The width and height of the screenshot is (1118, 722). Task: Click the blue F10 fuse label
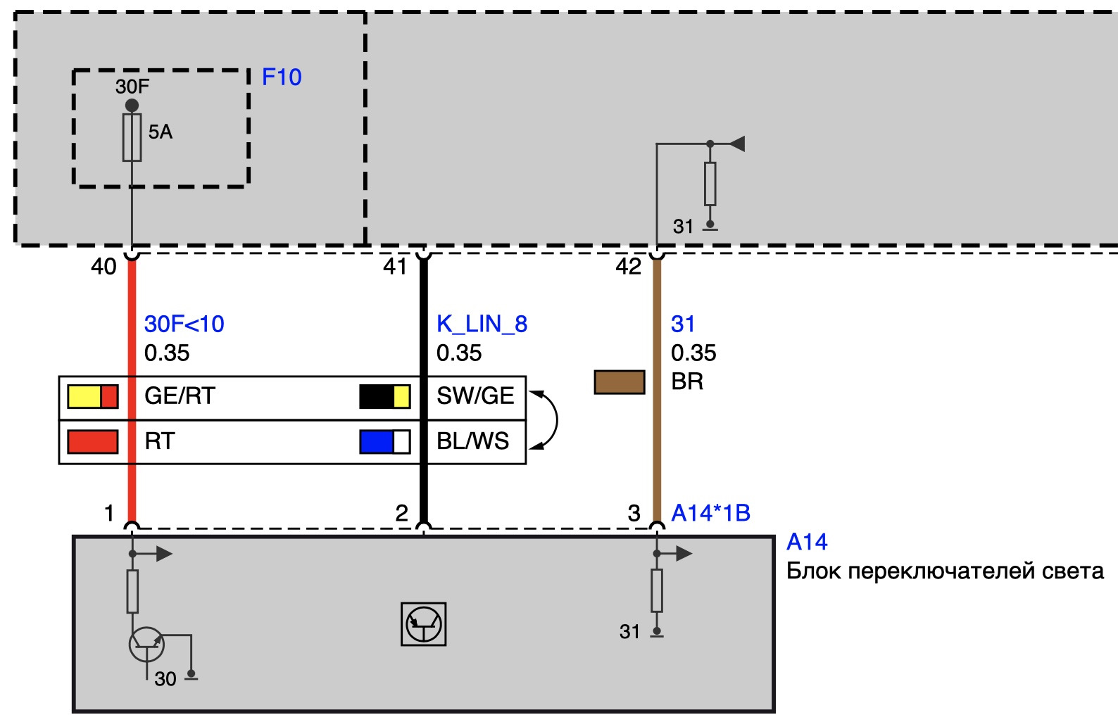(x=282, y=77)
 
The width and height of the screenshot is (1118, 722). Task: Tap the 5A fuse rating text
(x=161, y=132)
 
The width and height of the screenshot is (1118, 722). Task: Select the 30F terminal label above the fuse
(x=132, y=87)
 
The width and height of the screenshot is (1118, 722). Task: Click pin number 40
(x=103, y=267)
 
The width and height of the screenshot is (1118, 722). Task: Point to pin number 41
(x=395, y=267)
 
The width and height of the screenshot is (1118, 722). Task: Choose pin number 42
(x=628, y=267)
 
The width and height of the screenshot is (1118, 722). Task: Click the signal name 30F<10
(x=184, y=324)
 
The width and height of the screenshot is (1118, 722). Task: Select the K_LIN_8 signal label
(x=482, y=324)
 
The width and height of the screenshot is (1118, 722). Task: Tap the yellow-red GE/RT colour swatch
(x=92, y=396)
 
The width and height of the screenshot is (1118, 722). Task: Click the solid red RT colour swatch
(x=92, y=441)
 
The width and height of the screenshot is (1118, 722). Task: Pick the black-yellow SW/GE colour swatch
(x=384, y=396)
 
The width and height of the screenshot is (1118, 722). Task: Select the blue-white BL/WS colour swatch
(x=384, y=441)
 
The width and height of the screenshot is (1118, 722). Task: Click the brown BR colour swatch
(x=620, y=382)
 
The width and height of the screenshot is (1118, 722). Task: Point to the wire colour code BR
(x=687, y=381)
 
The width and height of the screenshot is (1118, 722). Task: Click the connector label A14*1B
(x=710, y=513)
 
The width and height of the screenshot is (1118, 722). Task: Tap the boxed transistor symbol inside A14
(x=423, y=623)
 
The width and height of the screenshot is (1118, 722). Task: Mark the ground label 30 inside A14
(x=165, y=679)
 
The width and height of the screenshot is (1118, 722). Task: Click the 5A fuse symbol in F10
(x=132, y=138)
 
